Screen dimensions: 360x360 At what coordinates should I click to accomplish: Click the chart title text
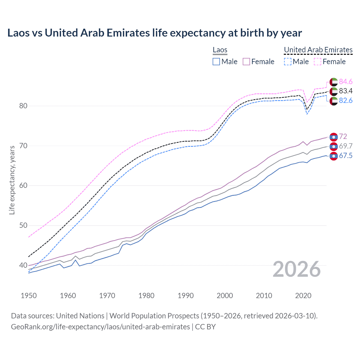pyautogui.click(x=154, y=33)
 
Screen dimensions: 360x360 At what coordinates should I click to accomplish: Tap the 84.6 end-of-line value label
pyautogui.click(x=346, y=82)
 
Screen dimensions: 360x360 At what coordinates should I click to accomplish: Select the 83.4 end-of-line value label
pyautogui.click(x=346, y=91)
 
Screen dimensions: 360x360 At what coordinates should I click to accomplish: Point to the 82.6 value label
pyautogui.click(x=346, y=100)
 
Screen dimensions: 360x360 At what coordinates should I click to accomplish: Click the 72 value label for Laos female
pyautogui.click(x=343, y=136)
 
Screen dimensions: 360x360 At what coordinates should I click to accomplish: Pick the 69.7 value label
pyautogui.click(x=346, y=146)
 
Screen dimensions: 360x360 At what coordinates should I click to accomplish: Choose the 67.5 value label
pyautogui.click(x=346, y=156)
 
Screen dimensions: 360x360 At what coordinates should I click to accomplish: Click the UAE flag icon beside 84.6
pyautogui.click(x=334, y=82)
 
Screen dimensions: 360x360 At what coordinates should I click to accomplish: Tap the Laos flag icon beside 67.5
pyautogui.click(x=334, y=156)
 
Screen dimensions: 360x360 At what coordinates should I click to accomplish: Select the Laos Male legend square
pyautogui.click(x=216, y=62)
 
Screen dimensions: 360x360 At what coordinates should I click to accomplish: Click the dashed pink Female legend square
pyautogui.click(x=317, y=62)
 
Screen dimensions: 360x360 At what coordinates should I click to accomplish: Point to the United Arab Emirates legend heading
pyautogui.click(x=318, y=50)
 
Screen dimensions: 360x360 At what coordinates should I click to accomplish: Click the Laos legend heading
pyautogui.click(x=220, y=50)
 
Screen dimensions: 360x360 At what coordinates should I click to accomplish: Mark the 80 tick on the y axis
pyautogui.click(x=23, y=106)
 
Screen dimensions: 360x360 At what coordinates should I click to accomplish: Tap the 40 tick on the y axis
pyautogui.click(x=23, y=265)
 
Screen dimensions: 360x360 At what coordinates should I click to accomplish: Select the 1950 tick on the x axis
pyautogui.click(x=29, y=296)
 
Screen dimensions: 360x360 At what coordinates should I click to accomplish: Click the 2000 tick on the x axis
pyautogui.click(x=225, y=296)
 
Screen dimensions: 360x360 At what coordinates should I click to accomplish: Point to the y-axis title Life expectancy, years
pyautogui.click(x=12, y=180)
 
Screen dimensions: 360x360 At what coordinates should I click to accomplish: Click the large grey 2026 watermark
pyautogui.click(x=297, y=269)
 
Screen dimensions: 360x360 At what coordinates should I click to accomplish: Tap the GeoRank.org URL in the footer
pyautogui.click(x=100, y=327)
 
